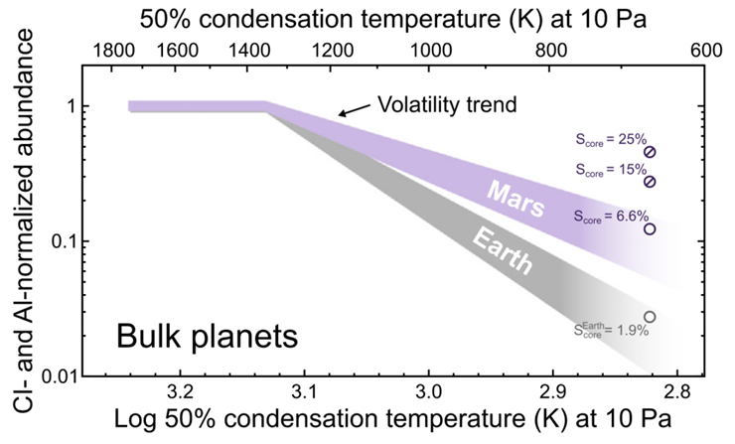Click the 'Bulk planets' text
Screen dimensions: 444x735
point(207,336)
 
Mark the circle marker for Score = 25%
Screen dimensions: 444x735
point(651,152)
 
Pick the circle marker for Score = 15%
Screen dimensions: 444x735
point(651,182)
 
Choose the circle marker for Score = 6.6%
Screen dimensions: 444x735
point(651,229)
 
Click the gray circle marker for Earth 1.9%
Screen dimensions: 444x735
point(650,317)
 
